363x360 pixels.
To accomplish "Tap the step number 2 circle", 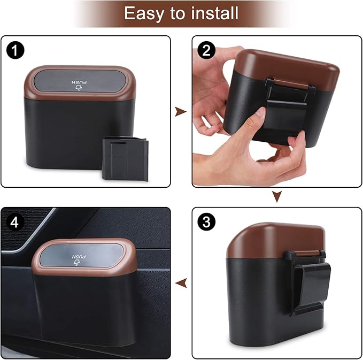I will click(x=206, y=52).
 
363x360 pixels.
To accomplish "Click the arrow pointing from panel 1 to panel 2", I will click(x=181, y=111).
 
